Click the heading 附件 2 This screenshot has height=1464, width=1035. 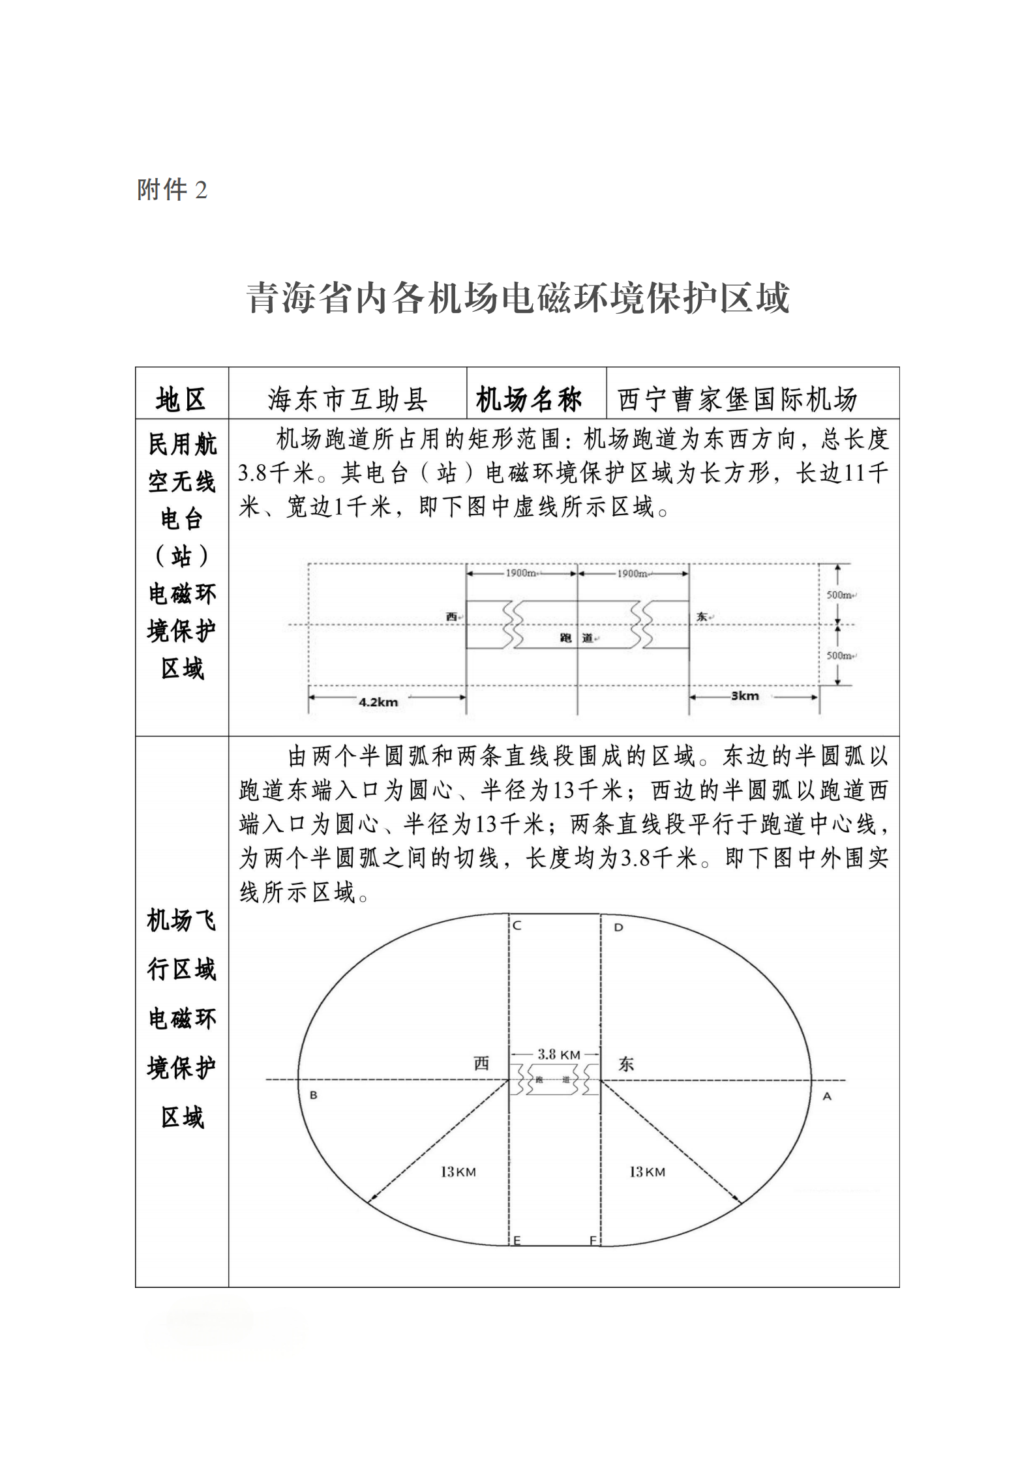(x=172, y=190)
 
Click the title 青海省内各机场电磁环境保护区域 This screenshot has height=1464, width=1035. (x=518, y=299)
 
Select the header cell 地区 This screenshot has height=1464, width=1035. (x=181, y=399)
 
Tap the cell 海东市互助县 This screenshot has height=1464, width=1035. (x=348, y=399)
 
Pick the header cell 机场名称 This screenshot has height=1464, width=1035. (x=529, y=399)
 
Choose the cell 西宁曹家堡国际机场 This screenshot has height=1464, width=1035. (x=738, y=399)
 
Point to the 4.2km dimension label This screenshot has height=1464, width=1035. (x=378, y=702)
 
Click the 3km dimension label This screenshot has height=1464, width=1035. (x=744, y=696)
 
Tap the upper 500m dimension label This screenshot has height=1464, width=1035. (x=840, y=595)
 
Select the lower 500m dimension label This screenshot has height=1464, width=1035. (x=840, y=655)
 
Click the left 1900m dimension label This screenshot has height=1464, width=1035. (x=521, y=573)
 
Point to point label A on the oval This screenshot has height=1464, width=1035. (x=827, y=1097)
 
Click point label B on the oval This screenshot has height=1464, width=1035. (x=313, y=1096)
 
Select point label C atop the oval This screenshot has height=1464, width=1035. (x=517, y=926)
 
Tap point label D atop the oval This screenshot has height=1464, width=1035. (x=618, y=927)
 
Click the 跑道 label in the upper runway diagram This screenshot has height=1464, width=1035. (x=577, y=638)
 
